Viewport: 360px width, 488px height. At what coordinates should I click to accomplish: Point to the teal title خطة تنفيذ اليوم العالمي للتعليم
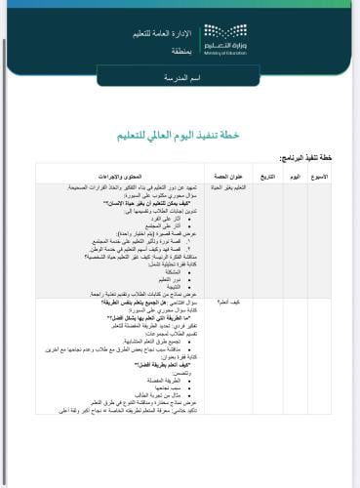pyautogui.click(x=180, y=135)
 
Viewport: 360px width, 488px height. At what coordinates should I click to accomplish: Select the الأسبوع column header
pyautogui.click(x=336, y=176)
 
